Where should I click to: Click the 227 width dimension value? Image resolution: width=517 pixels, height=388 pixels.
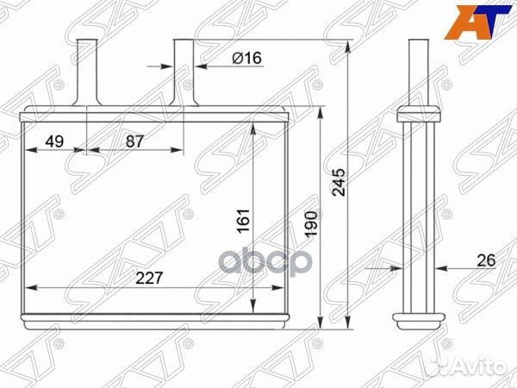click(149, 278)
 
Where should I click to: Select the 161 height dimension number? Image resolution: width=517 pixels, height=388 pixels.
click(244, 221)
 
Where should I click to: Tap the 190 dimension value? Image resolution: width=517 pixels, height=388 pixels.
click(311, 223)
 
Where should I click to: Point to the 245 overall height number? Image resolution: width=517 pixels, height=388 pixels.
click(339, 183)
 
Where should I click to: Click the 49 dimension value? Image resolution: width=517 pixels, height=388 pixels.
click(54, 141)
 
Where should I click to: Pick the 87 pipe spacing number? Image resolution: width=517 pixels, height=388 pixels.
click(135, 141)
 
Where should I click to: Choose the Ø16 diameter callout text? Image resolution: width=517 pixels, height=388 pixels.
click(247, 58)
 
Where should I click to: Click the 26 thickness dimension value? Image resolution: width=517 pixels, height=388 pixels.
click(486, 260)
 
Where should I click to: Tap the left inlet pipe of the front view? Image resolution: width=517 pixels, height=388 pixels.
click(87, 72)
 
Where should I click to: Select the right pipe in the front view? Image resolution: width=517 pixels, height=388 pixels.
click(184, 72)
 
